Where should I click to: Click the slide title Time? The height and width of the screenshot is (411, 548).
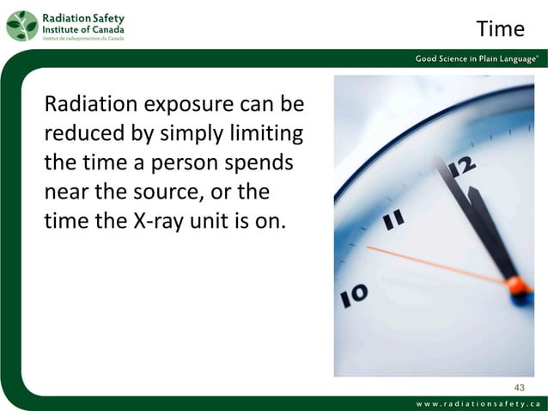pyautogui.click(x=500, y=29)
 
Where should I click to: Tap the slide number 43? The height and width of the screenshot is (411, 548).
pyautogui.click(x=517, y=385)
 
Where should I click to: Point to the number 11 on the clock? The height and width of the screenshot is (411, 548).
pyautogui.click(x=394, y=221)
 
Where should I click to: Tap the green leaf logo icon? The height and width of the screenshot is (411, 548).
pyautogui.click(x=21, y=26)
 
